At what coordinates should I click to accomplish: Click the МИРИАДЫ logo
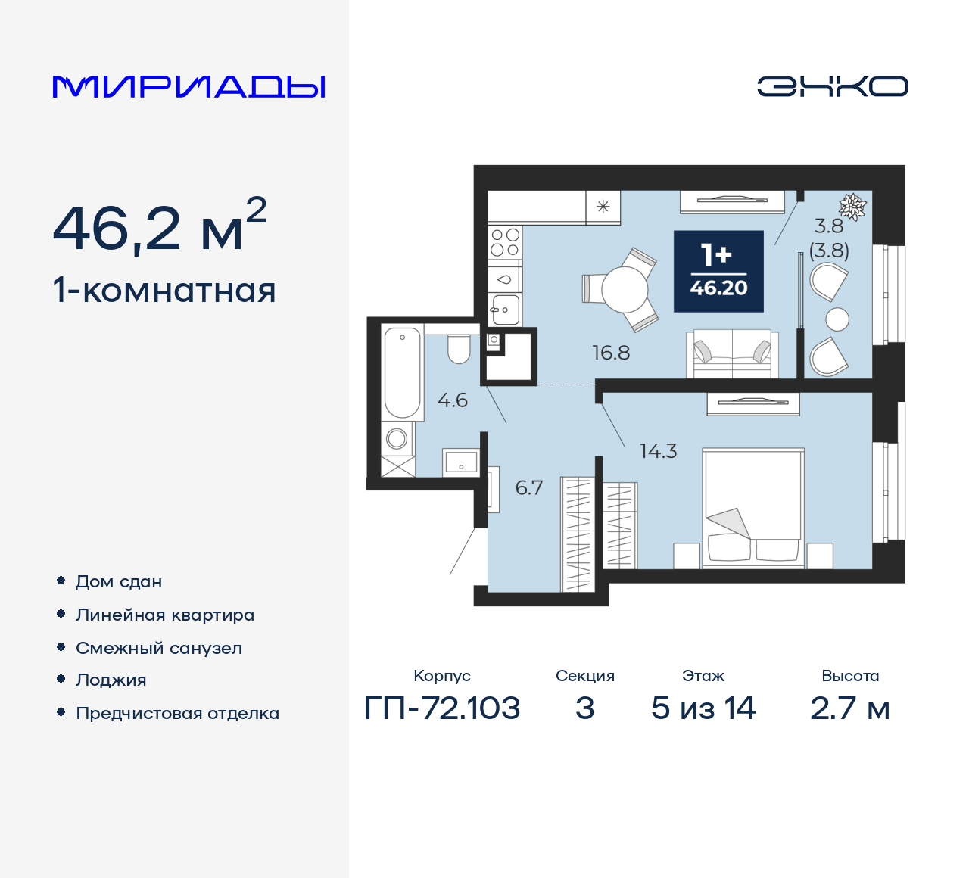[x=189, y=87]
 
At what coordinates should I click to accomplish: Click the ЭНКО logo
[x=832, y=86]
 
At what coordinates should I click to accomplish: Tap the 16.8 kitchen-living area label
[x=611, y=353]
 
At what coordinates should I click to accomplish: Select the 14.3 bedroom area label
[x=658, y=452]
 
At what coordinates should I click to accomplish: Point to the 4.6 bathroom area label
[x=453, y=400]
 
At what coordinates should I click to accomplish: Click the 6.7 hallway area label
[x=529, y=488]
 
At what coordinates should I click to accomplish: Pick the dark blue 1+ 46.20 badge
[x=718, y=272]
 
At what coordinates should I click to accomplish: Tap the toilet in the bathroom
[x=459, y=348]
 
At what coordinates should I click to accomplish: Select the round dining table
[x=625, y=290]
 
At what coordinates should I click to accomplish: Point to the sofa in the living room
[x=733, y=354]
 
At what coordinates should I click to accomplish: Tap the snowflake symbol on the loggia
[x=853, y=206]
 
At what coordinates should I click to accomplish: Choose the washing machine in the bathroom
[x=397, y=438]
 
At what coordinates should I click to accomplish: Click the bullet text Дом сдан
[x=119, y=582]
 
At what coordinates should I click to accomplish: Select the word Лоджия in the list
[x=111, y=680]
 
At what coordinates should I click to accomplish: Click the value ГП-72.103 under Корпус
[x=443, y=708]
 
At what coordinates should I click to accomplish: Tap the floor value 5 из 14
[x=703, y=708]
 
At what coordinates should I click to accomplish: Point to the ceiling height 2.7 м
[x=849, y=708]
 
